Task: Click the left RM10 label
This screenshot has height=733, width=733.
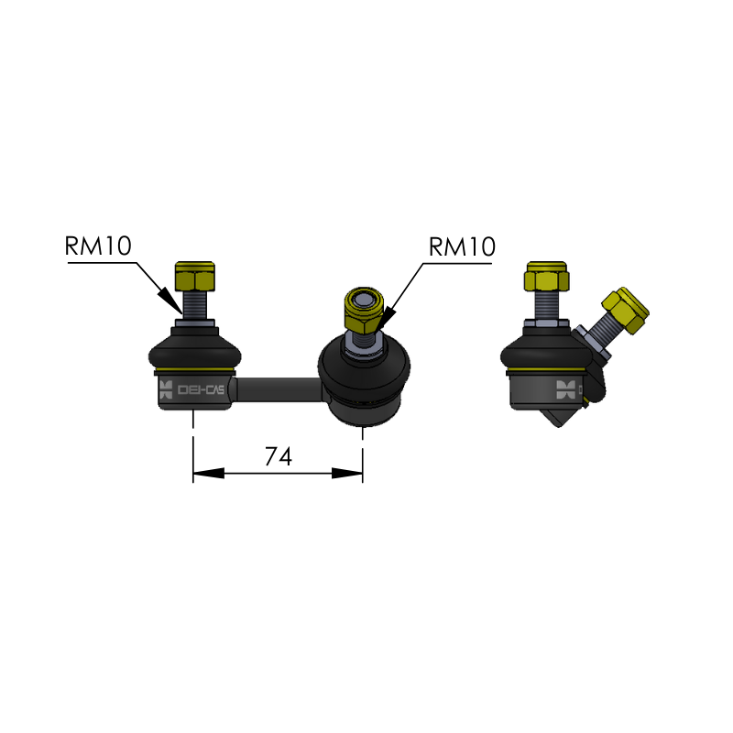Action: [x=98, y=246]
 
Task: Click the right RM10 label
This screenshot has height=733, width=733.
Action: [x=462, y=246]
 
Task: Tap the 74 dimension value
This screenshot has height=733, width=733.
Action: [x=278, y=456]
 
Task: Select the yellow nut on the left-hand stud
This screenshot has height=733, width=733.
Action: [x=195, y=273]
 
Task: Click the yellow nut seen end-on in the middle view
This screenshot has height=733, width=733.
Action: [x=363, y=310]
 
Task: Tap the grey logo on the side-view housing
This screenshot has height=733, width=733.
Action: [x=568, y=390]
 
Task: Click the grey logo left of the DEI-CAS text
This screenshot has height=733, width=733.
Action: [x=166, y=390]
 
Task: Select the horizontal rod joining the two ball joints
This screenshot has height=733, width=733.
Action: [x=279, y=389]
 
